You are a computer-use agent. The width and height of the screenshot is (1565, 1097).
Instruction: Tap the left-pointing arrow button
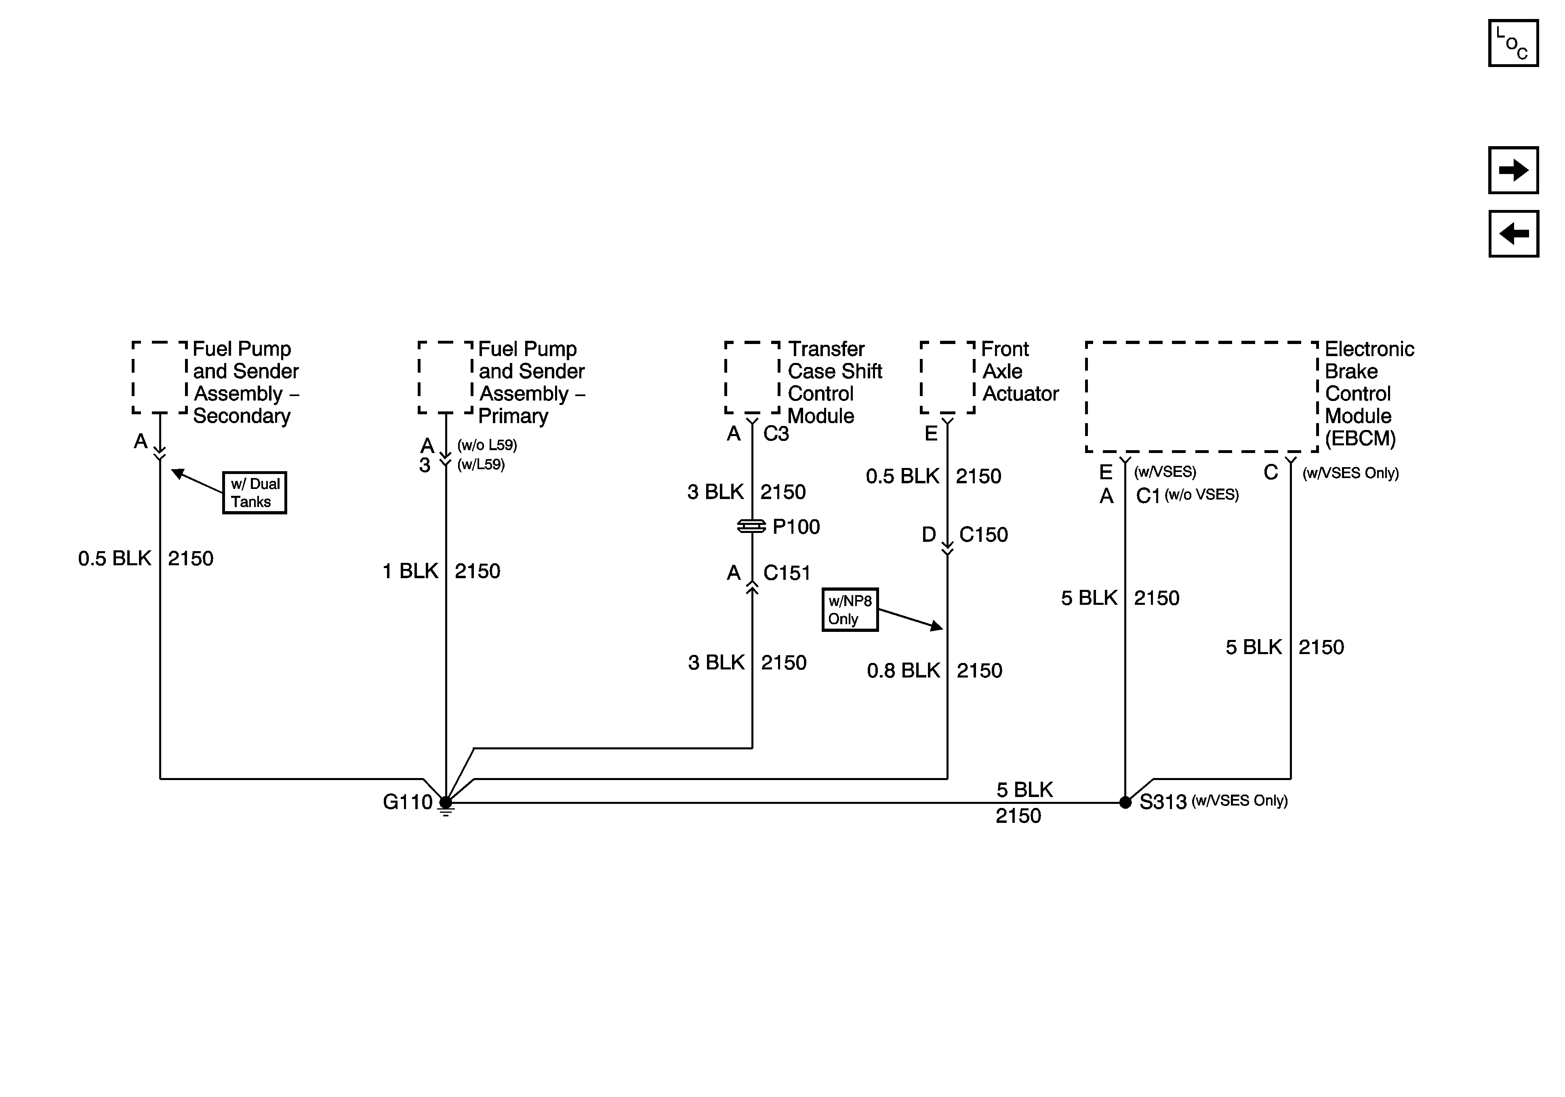tap(1513, 234)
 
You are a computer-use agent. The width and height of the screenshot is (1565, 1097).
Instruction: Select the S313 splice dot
tap(1125, 803)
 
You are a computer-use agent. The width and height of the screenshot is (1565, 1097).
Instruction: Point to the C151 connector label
tap(787, 573)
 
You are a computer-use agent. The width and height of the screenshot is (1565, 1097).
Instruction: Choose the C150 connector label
tap(983, 535)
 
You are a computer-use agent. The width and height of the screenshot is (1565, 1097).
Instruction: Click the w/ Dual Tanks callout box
tap(254, 493)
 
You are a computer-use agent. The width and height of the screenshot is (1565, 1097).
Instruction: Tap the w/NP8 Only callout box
tap(849, 610)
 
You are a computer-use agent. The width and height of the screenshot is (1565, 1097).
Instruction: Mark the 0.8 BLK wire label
tap(903, 671)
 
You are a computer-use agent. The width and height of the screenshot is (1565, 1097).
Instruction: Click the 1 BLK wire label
tap(410, 571)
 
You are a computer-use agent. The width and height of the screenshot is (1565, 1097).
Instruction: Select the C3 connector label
tap(776, 434)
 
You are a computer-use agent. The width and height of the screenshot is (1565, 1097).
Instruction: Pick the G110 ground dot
tap(445, 803)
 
